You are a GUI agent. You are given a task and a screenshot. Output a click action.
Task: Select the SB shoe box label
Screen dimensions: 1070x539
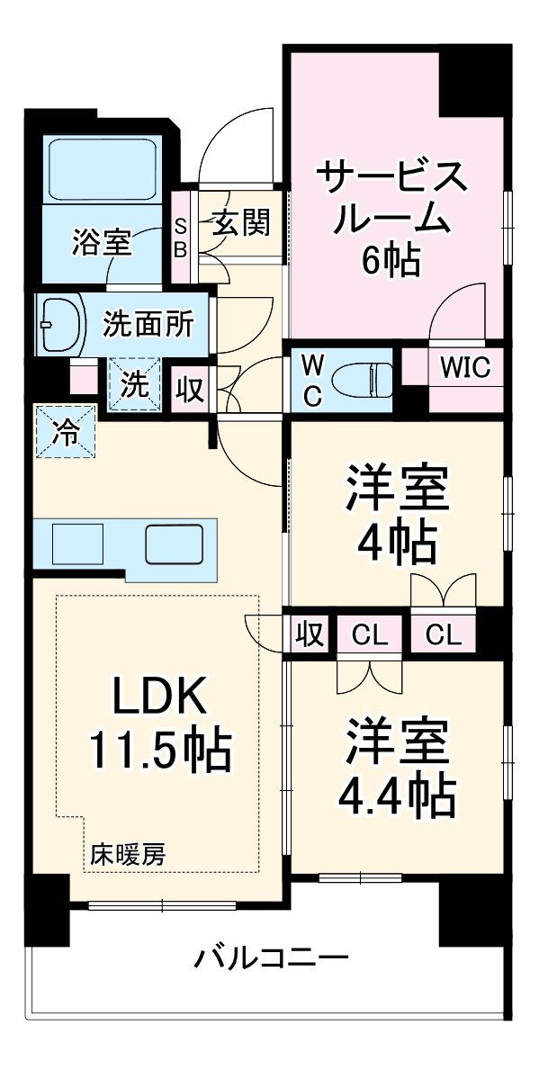181,238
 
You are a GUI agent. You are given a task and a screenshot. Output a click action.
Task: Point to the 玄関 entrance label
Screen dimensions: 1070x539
240,222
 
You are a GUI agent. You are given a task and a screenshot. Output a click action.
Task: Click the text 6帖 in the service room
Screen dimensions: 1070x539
391,260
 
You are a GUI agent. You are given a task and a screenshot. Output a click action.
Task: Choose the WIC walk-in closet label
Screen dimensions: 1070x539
464,370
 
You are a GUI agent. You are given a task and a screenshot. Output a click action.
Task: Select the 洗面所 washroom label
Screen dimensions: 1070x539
148,323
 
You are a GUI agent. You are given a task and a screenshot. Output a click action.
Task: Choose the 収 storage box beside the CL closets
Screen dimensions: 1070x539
309,635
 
